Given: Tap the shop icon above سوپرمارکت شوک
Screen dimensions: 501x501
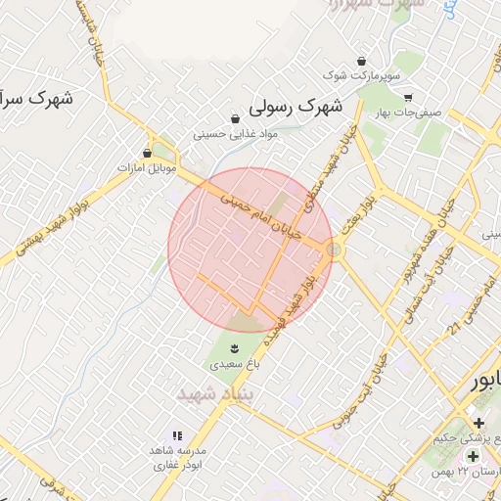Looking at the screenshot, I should coord(362,61).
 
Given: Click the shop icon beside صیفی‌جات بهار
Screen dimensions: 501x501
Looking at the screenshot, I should coord(407,97).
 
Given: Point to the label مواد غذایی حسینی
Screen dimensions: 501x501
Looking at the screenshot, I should coord(237,133).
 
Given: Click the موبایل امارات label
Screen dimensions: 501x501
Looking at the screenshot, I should coord(146,168).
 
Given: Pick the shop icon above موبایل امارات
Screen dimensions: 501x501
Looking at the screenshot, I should coord(147,153).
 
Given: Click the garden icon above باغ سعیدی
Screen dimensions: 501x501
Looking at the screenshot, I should coord(234,347).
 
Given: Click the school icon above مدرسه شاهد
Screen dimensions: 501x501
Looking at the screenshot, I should coord(177,434).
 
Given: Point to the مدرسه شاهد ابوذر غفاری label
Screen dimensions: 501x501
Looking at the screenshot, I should coord(177,458).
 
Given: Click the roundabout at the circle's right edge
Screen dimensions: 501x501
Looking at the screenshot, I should coord(335,251).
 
